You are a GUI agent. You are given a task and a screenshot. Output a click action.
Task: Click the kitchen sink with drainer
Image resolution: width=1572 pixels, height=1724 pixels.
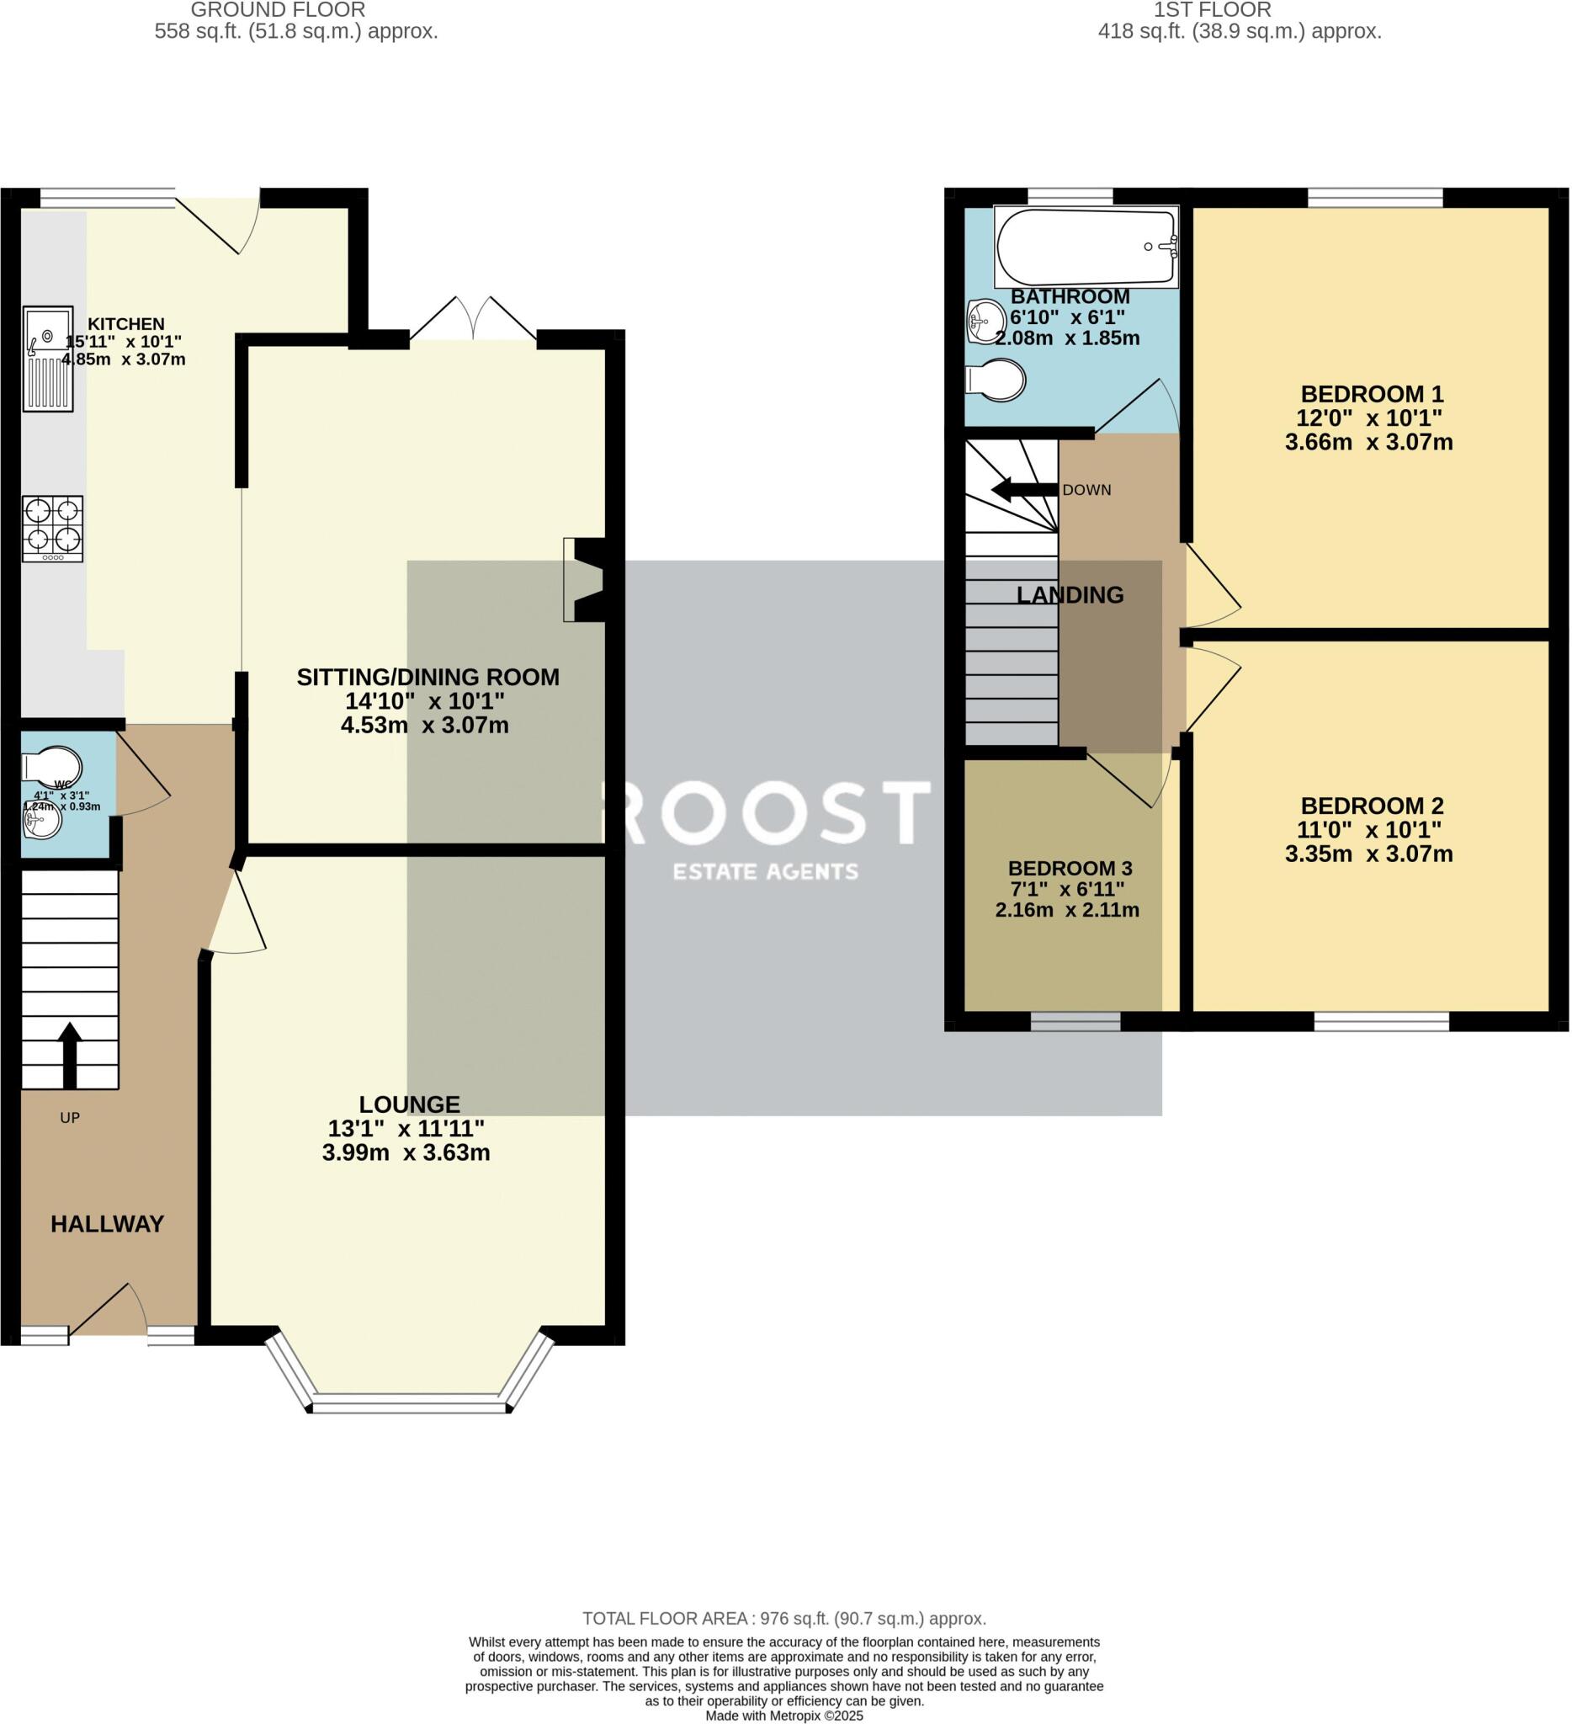pos(48,359)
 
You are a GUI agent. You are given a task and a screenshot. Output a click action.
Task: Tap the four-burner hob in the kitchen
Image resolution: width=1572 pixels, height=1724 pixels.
pos(53,529)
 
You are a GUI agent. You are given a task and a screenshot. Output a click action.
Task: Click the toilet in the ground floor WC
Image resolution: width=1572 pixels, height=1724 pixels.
pos(51,765)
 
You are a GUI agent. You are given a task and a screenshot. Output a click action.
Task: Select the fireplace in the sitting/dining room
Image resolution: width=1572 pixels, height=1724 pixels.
pos(584,579)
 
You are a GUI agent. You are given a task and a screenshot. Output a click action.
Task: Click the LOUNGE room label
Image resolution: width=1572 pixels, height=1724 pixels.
pos(409,1104)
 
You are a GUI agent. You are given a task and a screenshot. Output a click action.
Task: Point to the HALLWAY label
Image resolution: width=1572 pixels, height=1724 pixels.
pos(107,1224)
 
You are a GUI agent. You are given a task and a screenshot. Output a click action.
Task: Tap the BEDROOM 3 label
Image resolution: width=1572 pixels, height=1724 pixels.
pos(1070,868)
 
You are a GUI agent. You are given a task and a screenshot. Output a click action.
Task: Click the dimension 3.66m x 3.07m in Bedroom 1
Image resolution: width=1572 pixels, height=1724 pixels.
pos(1368,442)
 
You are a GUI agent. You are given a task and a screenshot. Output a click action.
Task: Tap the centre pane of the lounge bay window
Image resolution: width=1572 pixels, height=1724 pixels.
pos(409,1402)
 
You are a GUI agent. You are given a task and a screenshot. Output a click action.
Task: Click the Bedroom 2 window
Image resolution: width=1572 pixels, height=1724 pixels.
pos(1380,1021)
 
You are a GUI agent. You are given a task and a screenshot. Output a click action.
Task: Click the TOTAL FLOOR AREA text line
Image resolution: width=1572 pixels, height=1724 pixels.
pos(783,1618)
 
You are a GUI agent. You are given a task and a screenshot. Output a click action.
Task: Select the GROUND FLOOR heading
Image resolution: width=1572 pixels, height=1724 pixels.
pos(278,10)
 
